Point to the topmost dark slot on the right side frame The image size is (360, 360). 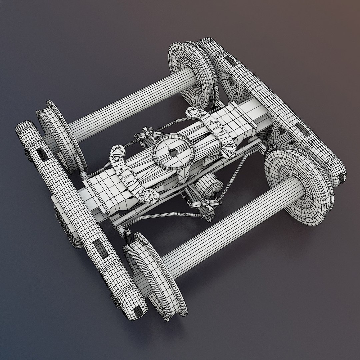coord(229,60)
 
